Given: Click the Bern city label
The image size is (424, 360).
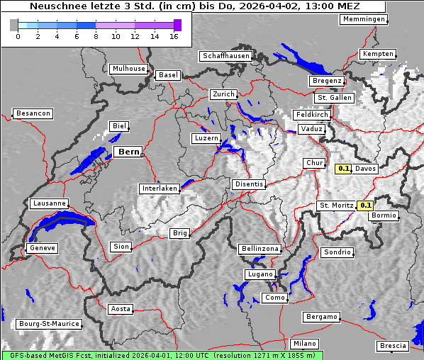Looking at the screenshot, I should point(128,152).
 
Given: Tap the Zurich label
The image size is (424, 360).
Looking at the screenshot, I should point(223,94).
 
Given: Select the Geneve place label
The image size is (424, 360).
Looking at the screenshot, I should point(41,248).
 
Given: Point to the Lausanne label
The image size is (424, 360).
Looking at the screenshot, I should point(49,203).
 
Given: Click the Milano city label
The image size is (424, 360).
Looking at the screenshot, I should point(305,344).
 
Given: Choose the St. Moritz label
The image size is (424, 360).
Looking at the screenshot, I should point(336,206).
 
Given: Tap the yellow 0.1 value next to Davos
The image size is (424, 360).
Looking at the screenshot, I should point(344,169).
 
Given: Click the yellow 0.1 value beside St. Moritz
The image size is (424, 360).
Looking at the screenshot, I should point(366,206).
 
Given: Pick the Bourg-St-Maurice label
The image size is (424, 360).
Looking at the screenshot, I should point(49,324).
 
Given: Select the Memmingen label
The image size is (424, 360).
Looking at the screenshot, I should point(364,19).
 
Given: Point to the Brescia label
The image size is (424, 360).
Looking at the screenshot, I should point(393,346).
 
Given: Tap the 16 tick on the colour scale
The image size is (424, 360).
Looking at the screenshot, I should point(174,36).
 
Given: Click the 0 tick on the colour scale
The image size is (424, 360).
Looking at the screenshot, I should point(18,36).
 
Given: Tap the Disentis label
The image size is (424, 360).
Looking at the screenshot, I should point(249,184).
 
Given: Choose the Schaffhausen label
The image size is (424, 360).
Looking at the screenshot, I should point(225,56).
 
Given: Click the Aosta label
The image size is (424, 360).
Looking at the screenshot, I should point(121,309).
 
